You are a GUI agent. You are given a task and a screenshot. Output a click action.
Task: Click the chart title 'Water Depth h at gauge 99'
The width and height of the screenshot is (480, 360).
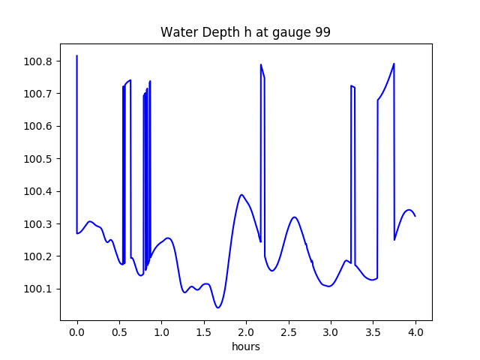[x=246, y=33]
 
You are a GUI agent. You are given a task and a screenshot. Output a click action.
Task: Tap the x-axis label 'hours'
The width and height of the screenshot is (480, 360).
[x=246, y=346]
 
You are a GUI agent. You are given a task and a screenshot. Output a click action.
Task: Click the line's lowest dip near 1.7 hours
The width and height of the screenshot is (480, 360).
[x=217, y=307]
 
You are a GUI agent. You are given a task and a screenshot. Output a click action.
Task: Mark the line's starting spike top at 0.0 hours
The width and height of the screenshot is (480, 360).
[x=77, y=55]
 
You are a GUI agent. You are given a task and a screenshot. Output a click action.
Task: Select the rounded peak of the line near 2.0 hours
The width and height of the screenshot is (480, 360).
[x=241, y=195]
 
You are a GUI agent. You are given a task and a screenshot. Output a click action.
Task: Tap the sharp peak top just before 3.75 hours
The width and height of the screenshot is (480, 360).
[x=394, y=64]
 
